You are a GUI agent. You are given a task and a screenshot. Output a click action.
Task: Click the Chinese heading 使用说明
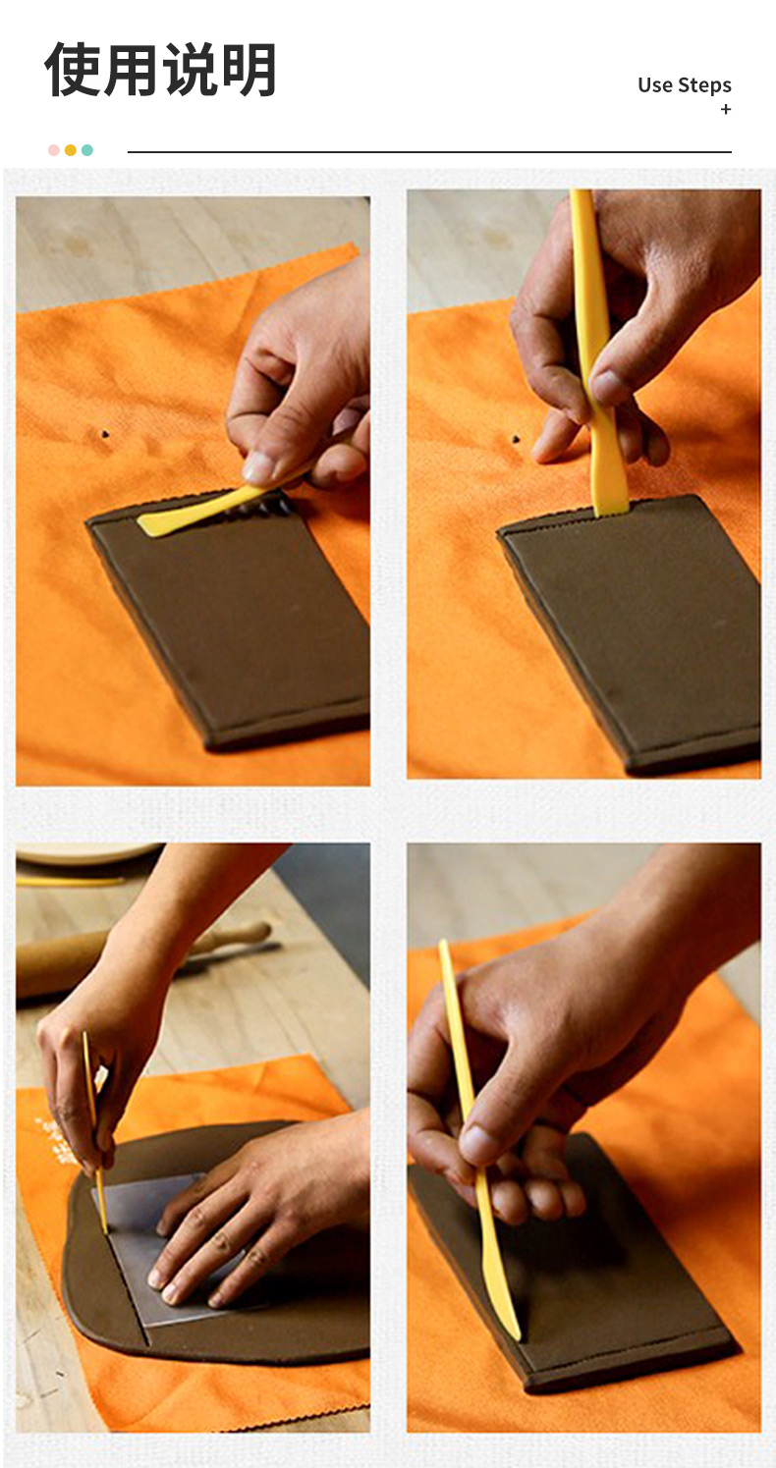160,70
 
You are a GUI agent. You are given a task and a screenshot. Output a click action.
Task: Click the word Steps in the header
704,85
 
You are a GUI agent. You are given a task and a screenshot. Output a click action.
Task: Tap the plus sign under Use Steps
726,109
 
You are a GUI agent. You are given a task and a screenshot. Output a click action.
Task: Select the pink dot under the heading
54,150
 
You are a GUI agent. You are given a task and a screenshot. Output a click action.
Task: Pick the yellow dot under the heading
71,150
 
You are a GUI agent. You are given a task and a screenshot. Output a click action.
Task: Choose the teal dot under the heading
87,150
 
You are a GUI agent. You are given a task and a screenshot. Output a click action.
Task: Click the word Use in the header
655,85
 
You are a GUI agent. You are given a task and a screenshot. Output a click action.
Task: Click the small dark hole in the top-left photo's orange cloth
105,433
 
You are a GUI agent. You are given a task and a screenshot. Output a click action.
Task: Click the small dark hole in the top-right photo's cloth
516,438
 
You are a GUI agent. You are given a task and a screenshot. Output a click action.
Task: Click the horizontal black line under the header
429,152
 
